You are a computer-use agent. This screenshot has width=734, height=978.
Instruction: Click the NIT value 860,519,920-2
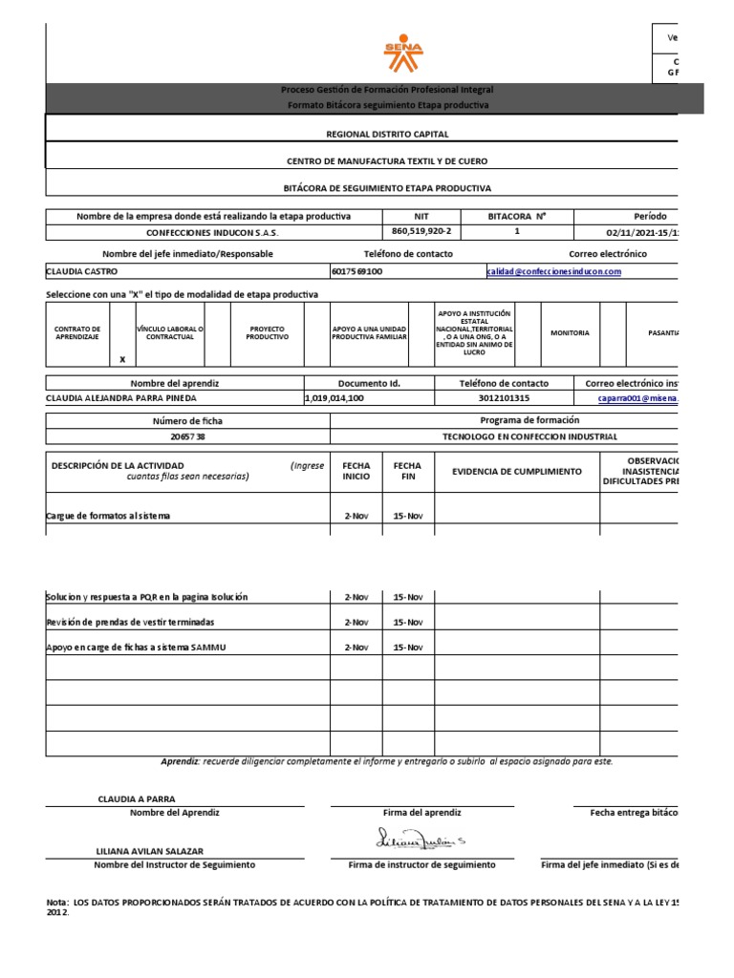[x=421, y=232]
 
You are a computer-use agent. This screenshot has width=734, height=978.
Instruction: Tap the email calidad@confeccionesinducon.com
[x=553, y=272]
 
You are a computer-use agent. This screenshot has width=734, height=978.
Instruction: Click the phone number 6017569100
[x=356, y=272]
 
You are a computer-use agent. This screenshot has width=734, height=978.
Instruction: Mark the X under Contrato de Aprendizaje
[x=122, y=359]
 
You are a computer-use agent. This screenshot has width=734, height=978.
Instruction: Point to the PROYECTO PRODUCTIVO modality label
[x=267, y=332]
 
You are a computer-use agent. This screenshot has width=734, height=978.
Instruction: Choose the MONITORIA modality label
[x=570, y=332]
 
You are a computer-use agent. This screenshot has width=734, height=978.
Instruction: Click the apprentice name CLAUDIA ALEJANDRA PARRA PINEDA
[x=124, y=398]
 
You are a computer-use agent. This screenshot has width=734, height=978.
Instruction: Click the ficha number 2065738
[x=187, y=436]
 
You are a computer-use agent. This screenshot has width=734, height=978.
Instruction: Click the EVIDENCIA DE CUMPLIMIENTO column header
[x=516, y=472]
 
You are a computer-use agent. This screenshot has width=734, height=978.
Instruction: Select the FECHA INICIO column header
[x=356, y=472]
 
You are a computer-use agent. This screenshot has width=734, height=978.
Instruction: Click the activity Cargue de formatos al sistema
[x=109, y=516]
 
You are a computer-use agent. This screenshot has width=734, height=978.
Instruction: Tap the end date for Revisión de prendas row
[x=408, y=622]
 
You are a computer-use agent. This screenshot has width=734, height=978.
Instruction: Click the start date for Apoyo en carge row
[x=356, y=648]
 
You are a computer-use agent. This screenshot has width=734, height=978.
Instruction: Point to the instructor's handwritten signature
[x=421, y=840]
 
